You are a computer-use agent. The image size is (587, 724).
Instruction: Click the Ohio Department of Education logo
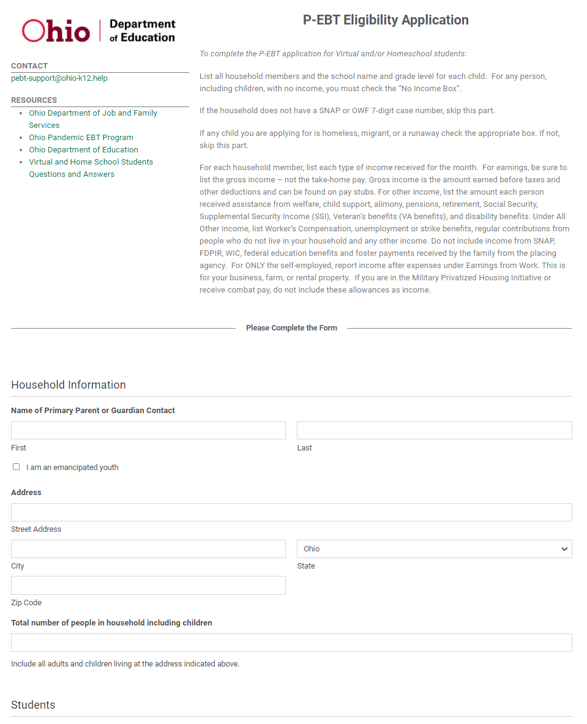click(x=99, y=31)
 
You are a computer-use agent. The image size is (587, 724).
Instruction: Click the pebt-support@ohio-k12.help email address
click(x=59, y=78)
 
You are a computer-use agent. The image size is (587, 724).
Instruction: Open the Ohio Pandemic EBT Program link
click(x=81, y=138)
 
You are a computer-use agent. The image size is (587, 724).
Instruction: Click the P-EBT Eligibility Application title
click(x=386, y=20)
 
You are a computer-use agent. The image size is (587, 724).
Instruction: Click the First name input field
click(x=148, y=430)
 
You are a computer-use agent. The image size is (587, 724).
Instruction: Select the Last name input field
click(x=434, y=430)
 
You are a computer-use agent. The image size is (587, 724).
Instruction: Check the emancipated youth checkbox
click(x=17, y=467)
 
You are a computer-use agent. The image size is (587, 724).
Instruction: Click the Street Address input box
click(x=291, y=512)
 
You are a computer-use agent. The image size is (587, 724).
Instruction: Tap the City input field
click(x=148, y=549)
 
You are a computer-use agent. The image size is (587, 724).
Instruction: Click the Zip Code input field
click(x=148, y=586)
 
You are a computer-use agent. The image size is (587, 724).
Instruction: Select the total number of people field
click(x=291, y=643)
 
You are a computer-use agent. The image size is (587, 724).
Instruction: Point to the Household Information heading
click(x=69, y=385)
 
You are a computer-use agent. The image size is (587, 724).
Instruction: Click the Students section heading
click(x=33, y=705)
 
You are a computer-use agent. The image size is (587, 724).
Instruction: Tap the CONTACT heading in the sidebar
click(x=29, y=66)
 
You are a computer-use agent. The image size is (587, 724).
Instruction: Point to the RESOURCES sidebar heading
click(x=34, y=100)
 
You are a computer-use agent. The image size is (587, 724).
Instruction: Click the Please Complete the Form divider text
click(x=291, y=328)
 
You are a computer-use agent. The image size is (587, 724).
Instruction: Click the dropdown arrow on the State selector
click(x=564, y=549)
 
